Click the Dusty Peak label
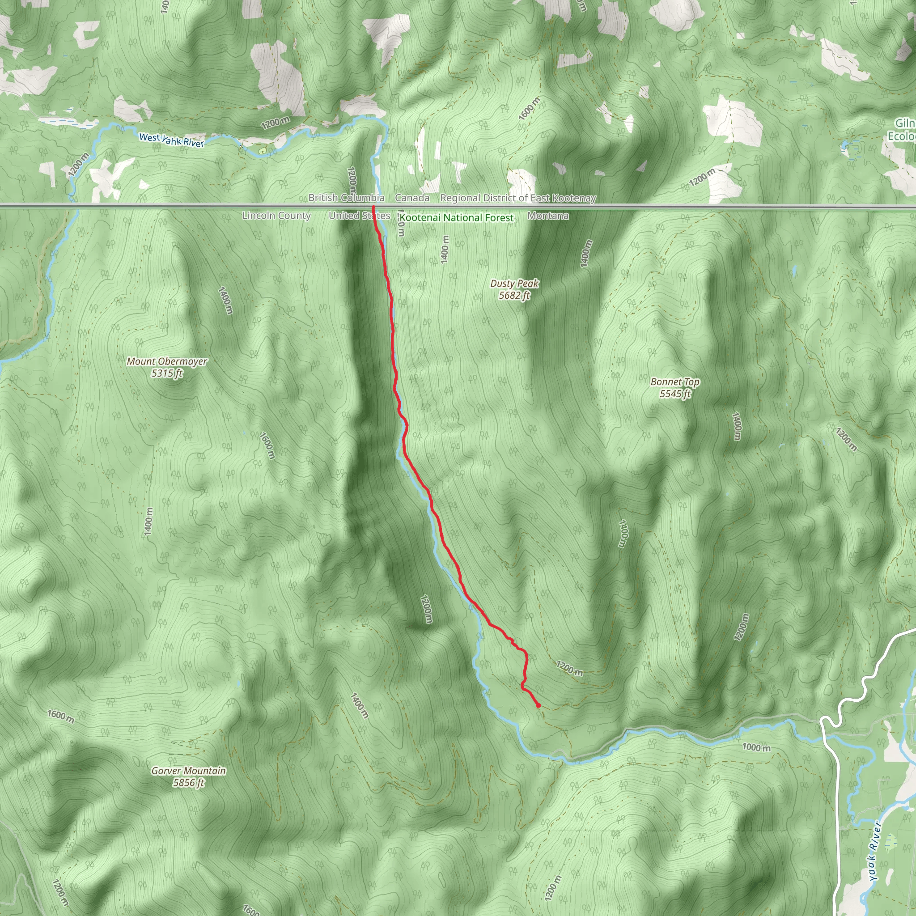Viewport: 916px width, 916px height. pos(514,284)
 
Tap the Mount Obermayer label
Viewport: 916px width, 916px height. pos(167,362)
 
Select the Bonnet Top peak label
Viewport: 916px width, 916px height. pos(674,382)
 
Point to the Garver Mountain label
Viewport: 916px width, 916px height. pos(188,771)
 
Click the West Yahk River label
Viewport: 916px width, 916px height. pos(171,140)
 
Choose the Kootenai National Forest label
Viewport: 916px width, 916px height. pos(456,218)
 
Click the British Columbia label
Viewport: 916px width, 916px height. pos(346,198)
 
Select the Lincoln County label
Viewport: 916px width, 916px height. pos(276,216)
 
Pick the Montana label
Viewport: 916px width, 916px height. pos(547,216)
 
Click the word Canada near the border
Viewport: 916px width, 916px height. pos(412,198)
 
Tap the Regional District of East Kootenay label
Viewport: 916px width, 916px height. pos(518,198)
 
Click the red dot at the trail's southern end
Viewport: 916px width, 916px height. pos(538,705)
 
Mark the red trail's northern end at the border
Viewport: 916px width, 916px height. pos(373,207)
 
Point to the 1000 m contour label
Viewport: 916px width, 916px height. pos(756,748)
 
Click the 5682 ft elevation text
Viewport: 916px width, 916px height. pos(514,295)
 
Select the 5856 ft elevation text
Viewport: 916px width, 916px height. pos(188,783)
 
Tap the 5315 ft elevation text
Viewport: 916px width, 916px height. pos(167,373)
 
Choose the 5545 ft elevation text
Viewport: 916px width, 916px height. pos(674,394)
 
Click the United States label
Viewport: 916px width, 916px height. pos(360,216)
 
